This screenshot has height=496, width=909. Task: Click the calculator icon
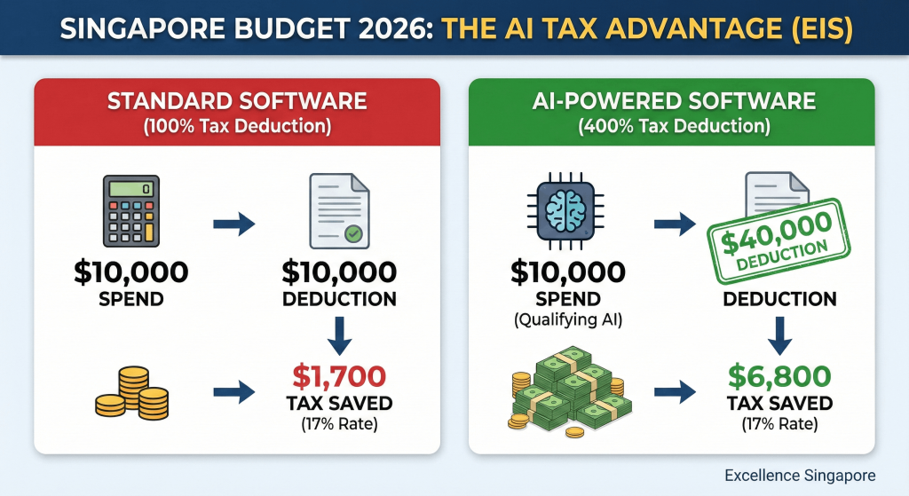click(130, 211)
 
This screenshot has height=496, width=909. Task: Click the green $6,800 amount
click(779, 375)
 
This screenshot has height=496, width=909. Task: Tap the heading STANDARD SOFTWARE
click(237, 100)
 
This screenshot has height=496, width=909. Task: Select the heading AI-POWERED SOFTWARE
click(672, 100)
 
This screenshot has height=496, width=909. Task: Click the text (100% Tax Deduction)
click(237, 126)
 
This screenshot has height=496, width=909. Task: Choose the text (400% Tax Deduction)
click(672, 126)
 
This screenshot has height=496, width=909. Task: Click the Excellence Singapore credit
click(800, 476)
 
